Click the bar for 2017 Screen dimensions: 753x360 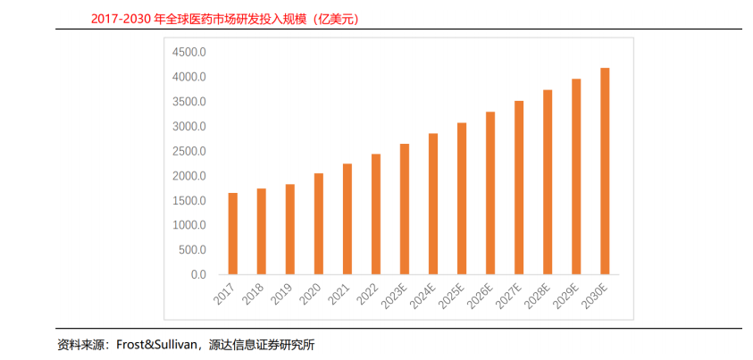point(233,234)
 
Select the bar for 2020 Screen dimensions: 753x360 point(319,223)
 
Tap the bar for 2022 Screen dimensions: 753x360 point(376,214)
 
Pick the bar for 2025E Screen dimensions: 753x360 point(462,198)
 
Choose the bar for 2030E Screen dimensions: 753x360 point(605,172)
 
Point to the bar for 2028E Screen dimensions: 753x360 point(548,182)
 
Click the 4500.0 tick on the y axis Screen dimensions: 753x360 point(188,53)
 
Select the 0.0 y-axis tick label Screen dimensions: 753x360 point(198,275)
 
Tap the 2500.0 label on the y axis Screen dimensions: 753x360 point(188,151)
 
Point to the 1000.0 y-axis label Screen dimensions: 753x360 point(188,225)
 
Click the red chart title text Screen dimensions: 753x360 point(225,20)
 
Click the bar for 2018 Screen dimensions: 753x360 point(262,231)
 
